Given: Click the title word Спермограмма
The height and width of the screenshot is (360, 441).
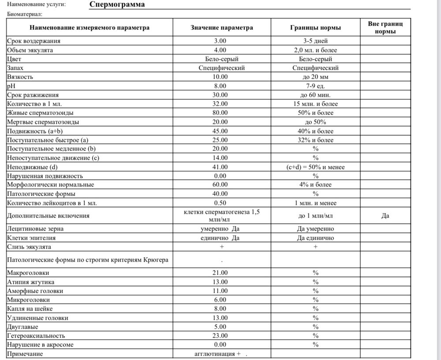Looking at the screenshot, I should pyautogui.click(x=116, y=5).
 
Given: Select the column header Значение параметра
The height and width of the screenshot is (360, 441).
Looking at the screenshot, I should pyautogui.click(x=222, y=28).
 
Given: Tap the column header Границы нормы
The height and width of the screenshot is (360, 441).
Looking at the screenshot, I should pyautogui.click(x=315, y=28).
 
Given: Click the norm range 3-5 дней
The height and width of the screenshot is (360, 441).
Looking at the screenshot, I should pyautogui.click(x=315, y=41).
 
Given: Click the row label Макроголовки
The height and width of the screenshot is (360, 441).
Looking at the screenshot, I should pyautogui.click(x=25, y=273).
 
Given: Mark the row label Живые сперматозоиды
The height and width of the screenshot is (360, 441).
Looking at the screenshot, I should pyautogui.click(x=37, y=113).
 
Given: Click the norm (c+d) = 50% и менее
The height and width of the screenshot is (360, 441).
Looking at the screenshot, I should pyautogui.click(x=315, y=167).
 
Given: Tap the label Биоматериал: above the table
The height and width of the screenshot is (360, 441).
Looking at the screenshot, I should pyautogui.click(x=24, y=14).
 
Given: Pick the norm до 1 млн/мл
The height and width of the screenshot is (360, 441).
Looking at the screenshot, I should pyautogui.click(x=315, y=216).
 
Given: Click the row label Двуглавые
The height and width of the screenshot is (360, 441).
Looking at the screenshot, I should pyautogui.click(x=22, y=327).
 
